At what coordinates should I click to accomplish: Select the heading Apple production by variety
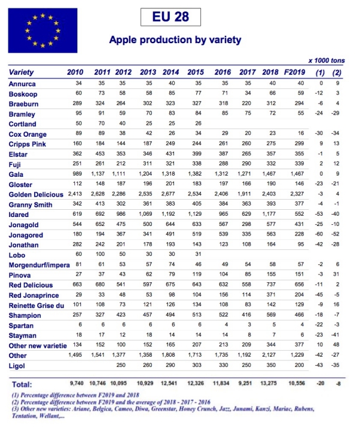tap(175, 40)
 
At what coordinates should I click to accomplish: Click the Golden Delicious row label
tap(37, 195)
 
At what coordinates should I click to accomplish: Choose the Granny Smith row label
tap(31, 205)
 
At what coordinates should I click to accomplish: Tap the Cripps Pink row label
tap(28, 144)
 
